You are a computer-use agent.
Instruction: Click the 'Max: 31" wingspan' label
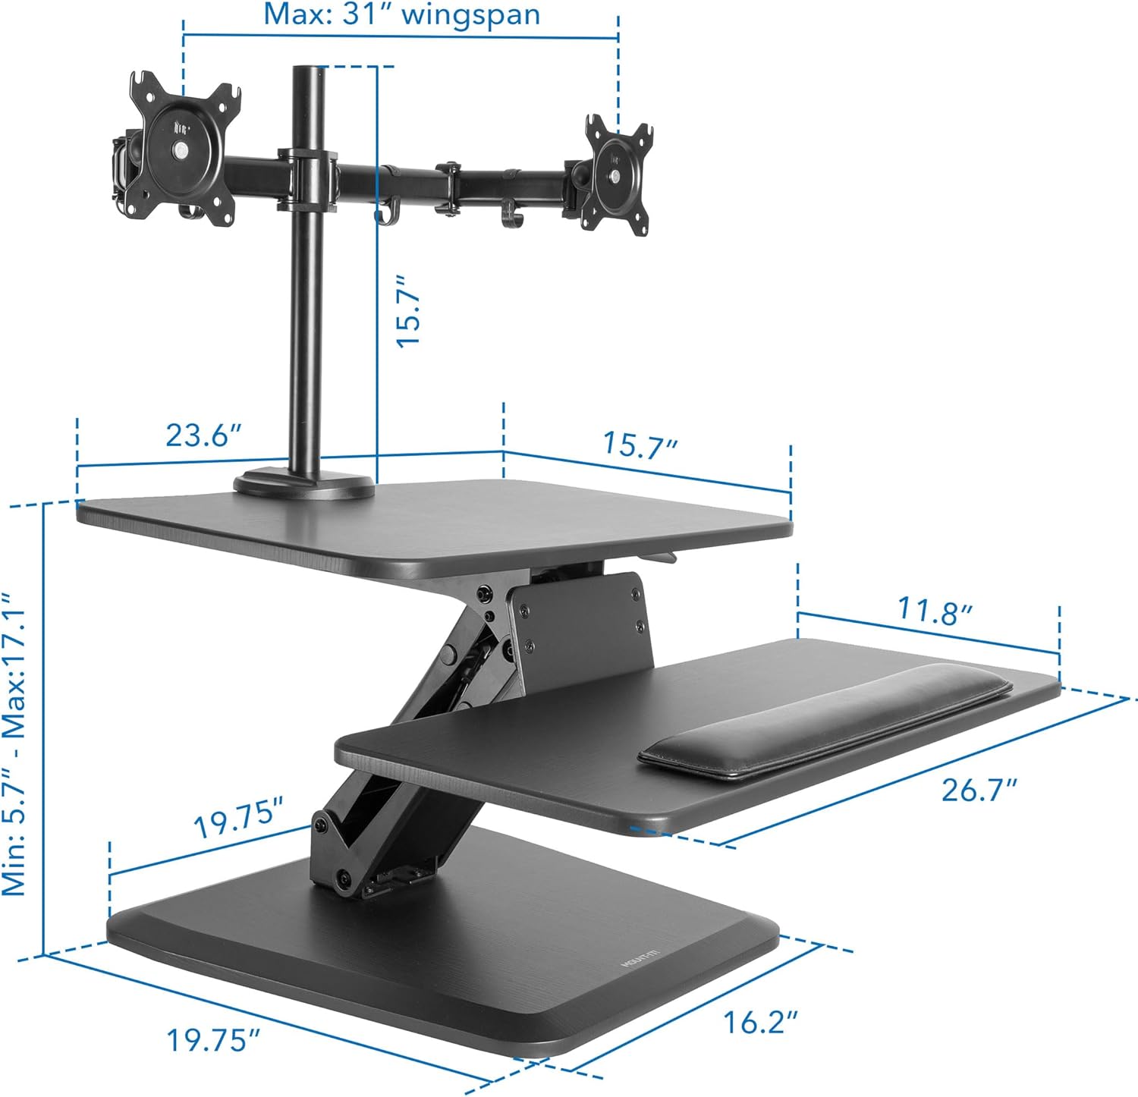click(x=401, y=14)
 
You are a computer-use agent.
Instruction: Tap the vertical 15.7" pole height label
click(x=409, y=311)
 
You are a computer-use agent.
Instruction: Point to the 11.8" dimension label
click(x=935, y=611)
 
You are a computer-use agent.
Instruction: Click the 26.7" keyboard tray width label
click(x=979, y=790)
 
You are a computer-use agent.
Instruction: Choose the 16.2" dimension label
click(x=760, y=1022)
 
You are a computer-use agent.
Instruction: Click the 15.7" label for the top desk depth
click(x=639, y=445)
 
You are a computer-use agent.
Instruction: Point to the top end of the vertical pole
click(x=308, y=72)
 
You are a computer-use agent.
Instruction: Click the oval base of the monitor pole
click(x=303, y=486)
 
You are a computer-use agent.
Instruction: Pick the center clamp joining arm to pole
click(x=307, y=178)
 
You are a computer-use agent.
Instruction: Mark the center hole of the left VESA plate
click(x=183, y=150)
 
